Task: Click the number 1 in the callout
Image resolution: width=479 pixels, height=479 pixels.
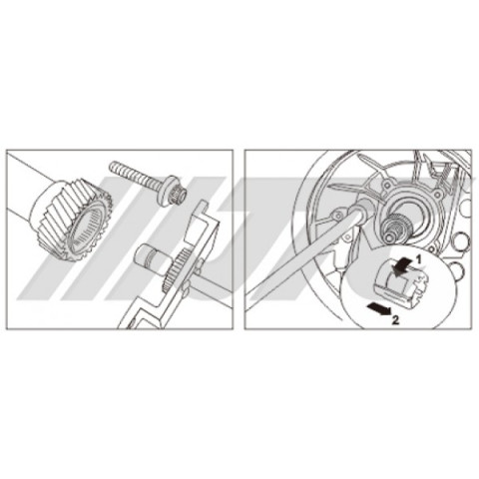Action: (x=419, y=259)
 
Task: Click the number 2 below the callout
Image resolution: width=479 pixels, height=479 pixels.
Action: (x=395, y=320)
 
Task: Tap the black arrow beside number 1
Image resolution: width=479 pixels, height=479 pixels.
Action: (x=401, y=265)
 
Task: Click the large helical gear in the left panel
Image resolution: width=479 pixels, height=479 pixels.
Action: (x=71, y=220)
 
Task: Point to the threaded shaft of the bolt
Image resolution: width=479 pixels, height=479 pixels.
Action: (x=138, y=174)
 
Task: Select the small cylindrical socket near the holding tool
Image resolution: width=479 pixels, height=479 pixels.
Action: (x=153, y=257)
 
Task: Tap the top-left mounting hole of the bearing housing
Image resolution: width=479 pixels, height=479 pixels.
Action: (x=386, y=184)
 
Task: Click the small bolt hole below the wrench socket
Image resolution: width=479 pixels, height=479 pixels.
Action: (x=347, y=237)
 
